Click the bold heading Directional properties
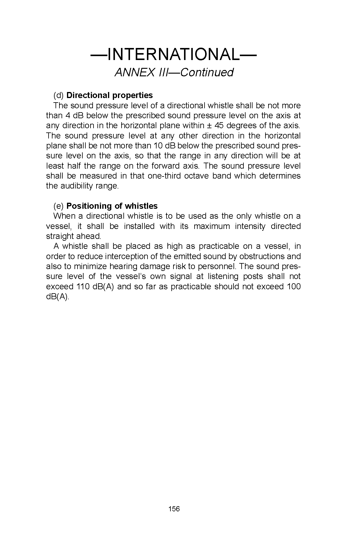[x=110, y=95]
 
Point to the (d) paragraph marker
[x=59, y=95]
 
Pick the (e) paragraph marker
[x=59, y=206]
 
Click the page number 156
[x=174, y=509]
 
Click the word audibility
[x=77, y=186]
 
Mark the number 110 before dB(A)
[x=82, y=287]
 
